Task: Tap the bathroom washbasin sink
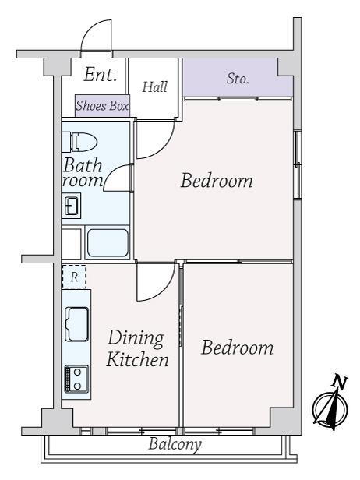[x=72, y=206]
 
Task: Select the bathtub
[x=108, y=243]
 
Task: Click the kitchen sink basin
[x=77, y=324]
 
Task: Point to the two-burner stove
[x=77, y=379]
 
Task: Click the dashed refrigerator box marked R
[x=74, y=277]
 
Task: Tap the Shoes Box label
[x=102, y=106]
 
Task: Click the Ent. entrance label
[x=101, y=75]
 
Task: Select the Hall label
[x=155, y=87]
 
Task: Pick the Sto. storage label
[x=238, y=79]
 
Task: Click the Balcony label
[x=175, y=444]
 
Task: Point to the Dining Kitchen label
[x=137, y=348]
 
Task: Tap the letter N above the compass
[x=340, y=382]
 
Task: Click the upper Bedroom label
[x=217, y=181]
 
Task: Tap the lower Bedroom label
[x=237, y=348]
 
